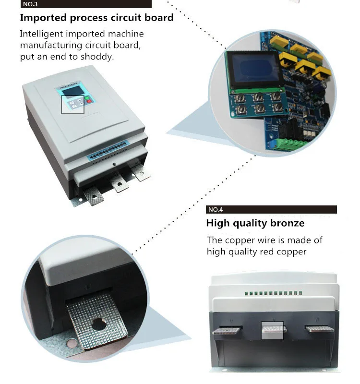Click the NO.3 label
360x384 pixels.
[x=30, y=4]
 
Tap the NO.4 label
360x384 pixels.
[x=216, y=209]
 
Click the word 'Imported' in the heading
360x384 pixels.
[x=43, y=18]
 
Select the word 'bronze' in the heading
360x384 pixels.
[x=287, y=223]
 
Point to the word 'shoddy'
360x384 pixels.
[x=97, y=57]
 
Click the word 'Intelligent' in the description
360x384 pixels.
[x=41, y=34]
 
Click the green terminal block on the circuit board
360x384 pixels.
[x=287, y=144]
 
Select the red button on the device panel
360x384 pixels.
[x=89, y=101]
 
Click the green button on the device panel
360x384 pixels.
[x=87, y=98]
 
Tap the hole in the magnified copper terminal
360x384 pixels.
[x=99, y=324]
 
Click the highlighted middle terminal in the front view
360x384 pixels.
[x=272, y=330]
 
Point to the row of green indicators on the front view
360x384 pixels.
[x=273, y=293]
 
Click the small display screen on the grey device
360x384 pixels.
[x=73, y=92]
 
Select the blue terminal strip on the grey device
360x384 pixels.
[x=108, y=150]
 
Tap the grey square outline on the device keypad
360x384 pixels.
[x=73, y=105]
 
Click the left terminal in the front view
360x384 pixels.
[x=228, y=330]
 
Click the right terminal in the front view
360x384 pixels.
[x=319, y=329]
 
